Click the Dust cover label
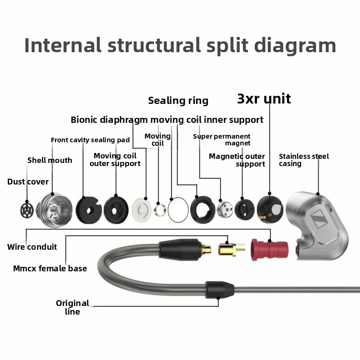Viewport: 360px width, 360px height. coord(28,182)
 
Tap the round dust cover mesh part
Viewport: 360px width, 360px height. coord(27,209)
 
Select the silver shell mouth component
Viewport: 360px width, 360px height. coord(54,209)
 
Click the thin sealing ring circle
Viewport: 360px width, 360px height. coord(178,210)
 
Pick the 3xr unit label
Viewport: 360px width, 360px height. coord(264,99)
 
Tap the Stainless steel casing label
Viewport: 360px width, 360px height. coord(304,160)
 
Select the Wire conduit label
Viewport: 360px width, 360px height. coord(32,247)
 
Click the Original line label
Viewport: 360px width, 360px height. coord(72,307)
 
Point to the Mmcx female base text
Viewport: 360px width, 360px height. coord(50,269)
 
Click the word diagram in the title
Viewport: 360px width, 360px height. coord(295,45)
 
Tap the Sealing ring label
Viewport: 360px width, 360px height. coord(178,100)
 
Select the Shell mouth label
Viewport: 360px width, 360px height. coord(49,160)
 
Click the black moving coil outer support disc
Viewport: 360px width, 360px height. coord(116,209)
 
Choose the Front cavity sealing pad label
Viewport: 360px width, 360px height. coord(90,140)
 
